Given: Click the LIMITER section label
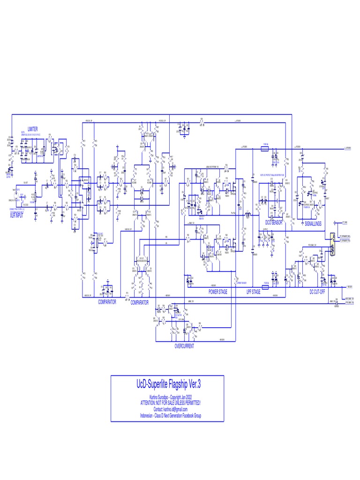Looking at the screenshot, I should click(33, 129).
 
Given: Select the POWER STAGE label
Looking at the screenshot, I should click(218, 292).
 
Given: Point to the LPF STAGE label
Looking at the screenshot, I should click(254, 292).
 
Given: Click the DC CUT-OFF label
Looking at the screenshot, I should click(317, 292).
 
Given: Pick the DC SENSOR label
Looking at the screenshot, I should click(274, 223).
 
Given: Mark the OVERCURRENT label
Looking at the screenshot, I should click(184, 346).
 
